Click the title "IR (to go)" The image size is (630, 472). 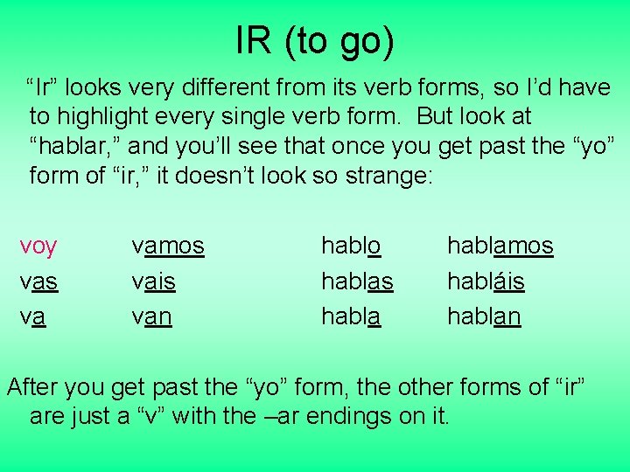click(315, 41)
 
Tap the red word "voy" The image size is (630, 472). click(38, 247)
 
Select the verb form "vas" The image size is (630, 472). click(38, 281)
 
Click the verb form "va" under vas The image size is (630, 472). click(32, 316)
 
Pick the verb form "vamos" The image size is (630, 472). click(167, 247)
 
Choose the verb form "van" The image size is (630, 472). click(151, 316)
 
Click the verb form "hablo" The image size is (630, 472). click(351, 247)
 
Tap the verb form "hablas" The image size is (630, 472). click(357, 281)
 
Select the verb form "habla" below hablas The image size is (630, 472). click(351, 316)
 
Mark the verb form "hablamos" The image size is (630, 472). click(500, 247)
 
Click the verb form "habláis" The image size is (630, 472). click(486, 281)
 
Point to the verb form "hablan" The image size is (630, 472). click(484, 316)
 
